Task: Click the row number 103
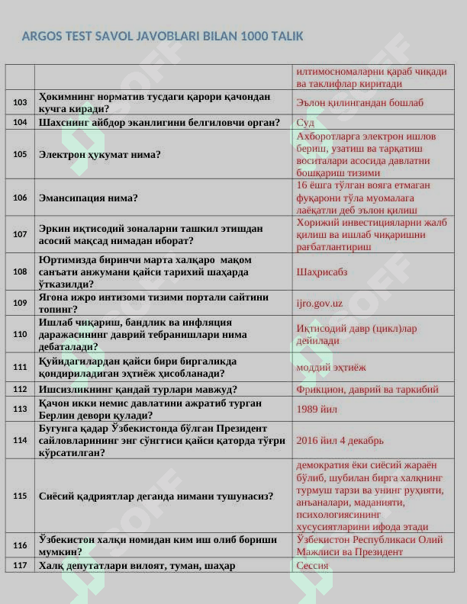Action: (20, 102)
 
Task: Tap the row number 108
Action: (20, 271)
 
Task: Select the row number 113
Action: (20, 409)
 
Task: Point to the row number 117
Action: (20, 565)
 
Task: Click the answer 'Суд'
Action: (305, 122)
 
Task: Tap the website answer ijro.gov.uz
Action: (320, 303)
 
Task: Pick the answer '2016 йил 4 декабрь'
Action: (340, 440)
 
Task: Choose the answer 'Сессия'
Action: (312, 566)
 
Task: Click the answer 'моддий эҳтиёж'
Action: (330, 367)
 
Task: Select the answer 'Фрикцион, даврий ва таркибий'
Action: (367, 389)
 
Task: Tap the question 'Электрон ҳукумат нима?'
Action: (100, 154)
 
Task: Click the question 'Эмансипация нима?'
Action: (89, 198)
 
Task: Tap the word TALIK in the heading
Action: (288, 36)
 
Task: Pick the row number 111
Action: (20, 367)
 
